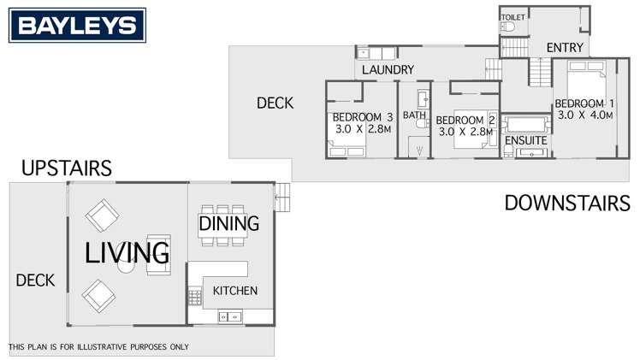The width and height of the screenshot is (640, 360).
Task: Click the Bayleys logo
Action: pos(77,26)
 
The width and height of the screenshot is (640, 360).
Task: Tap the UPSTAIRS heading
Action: pos(67,168)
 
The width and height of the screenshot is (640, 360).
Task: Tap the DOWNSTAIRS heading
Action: pos(566,204)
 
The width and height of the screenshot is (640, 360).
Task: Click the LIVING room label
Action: pos(127,252)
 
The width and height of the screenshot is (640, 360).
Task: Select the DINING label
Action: pos(228,224)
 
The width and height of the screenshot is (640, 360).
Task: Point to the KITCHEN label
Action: pos(234,291)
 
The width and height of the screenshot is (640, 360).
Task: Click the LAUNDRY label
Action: pos(388,69)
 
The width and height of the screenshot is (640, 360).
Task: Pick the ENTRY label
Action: pos(564,47)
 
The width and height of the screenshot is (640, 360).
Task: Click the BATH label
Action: pos(414,115)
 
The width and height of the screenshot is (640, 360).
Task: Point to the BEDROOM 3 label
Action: pos(362,117)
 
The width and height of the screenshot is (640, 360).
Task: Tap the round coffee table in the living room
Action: pos(127,267)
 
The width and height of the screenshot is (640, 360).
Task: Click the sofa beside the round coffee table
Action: pos(158,254)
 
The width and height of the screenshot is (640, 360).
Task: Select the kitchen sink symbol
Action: pos(229,317)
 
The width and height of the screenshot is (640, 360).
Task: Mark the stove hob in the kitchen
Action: pos(194,298)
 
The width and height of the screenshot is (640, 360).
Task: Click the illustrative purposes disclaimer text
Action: pos(98,347)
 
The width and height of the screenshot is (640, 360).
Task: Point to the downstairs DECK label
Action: pos(275,103)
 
